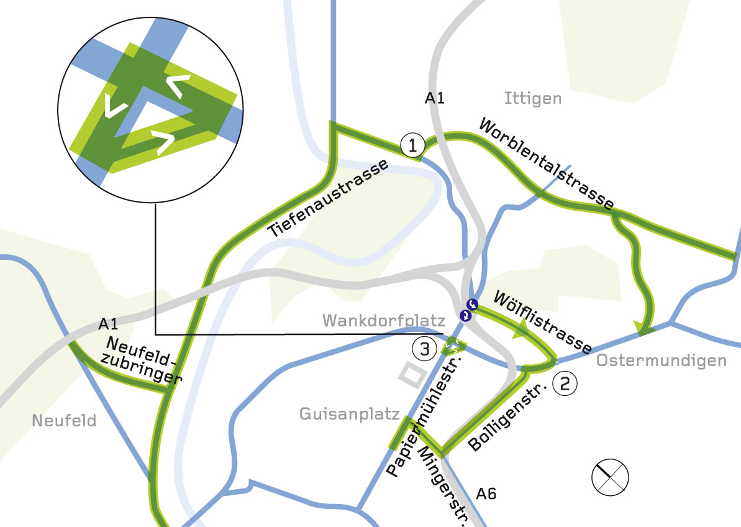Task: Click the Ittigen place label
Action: [533, 98]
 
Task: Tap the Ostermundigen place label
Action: [661, 361]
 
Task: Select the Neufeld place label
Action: [65, 421]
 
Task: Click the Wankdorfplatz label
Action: [384, 321]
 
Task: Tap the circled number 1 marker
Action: [412, 145]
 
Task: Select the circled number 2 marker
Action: [565, 382]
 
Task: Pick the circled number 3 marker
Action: [425, 349]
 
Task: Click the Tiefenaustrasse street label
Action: [330, 199]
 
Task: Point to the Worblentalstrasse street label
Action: [547, 163]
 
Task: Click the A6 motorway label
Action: [486, 494]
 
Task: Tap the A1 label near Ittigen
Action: [435, 98]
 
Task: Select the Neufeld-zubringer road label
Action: [142, 361]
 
